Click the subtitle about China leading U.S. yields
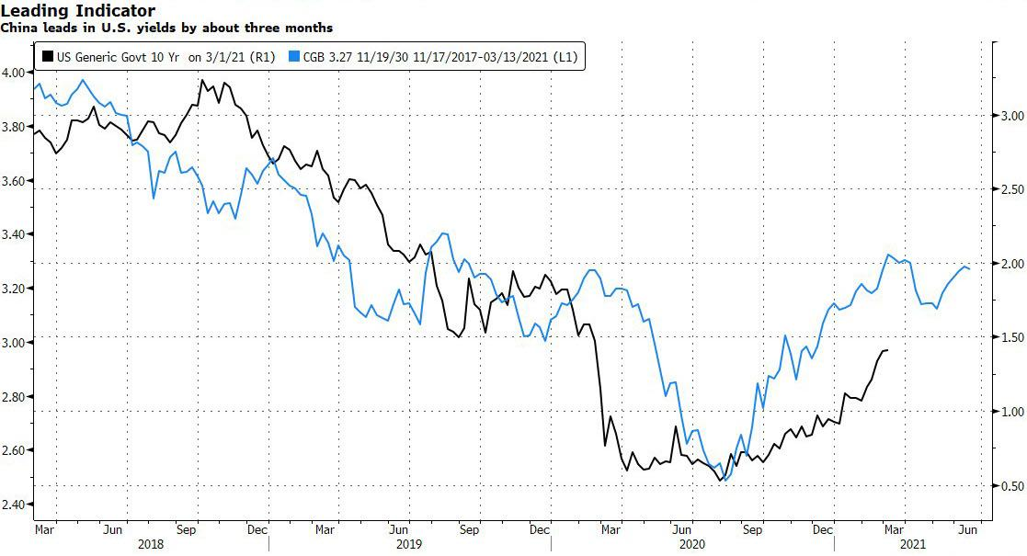(x=166, y=28)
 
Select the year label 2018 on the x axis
(x=151, y=544)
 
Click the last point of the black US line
(x=886, y=350)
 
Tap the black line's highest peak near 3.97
(x=201, y=81)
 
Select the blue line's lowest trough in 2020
(x=725, y=480)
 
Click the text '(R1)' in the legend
(x=264, y=57)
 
